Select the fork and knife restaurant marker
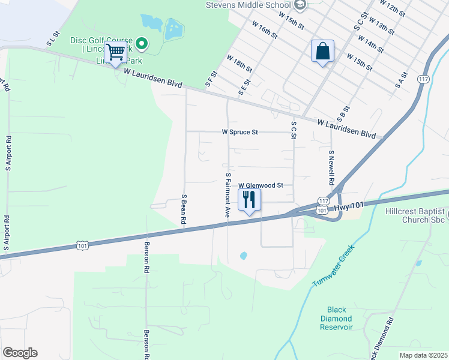pyautogui.click(x=249, y=199)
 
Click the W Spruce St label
pyautogui.click(x=240, y=131)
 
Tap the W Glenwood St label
pyautogui.click(x=261, y=186)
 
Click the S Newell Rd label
pyautogui.click(x=331, y=167)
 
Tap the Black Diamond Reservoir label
pyautogui.click(x=336, y=319)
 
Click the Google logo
pyautogui.click(x=20, y=353)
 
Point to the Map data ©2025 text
pyautogui.click(x=423, y=355)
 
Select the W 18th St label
pyautogui.click(x=240, y=63)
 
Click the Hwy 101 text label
pyautogui.click(x=349, y=206)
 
